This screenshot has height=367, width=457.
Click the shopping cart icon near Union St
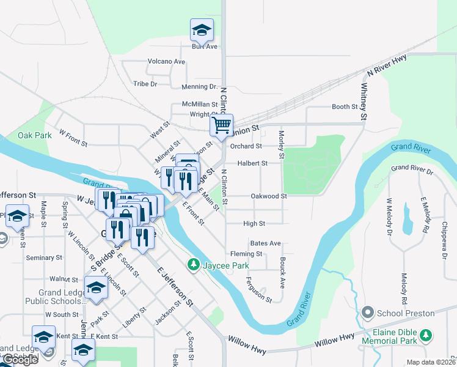pyautogui.click(x=221, y=125)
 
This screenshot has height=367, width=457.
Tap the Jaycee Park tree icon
pyautogui.click(x=194, y=264)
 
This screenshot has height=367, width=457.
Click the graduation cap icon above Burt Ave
pyautogui.click(x=201, y=29)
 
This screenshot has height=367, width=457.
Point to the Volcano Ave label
pyautogui.click(x=166, y=62)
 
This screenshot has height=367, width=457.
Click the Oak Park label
pyautogui.click(x=34, y=135)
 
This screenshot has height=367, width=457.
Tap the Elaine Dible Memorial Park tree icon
pyautogui.click(x=426, y=335)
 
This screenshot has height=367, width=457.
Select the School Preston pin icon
pyautogui.click(x=367, y=313)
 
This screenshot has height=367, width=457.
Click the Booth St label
pyautogui.click(x=345, y=107)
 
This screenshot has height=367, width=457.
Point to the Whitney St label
pyautogui.click(x=364, y=102)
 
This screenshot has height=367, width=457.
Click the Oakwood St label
pyautogui.click(x=269, y=196)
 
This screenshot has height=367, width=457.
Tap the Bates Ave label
pyautogui.click(x=265, y=243)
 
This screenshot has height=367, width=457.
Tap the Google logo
pyautogui.click(x=20, y=360)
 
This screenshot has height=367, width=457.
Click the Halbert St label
pyautogui.click(x=253, y=163)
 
